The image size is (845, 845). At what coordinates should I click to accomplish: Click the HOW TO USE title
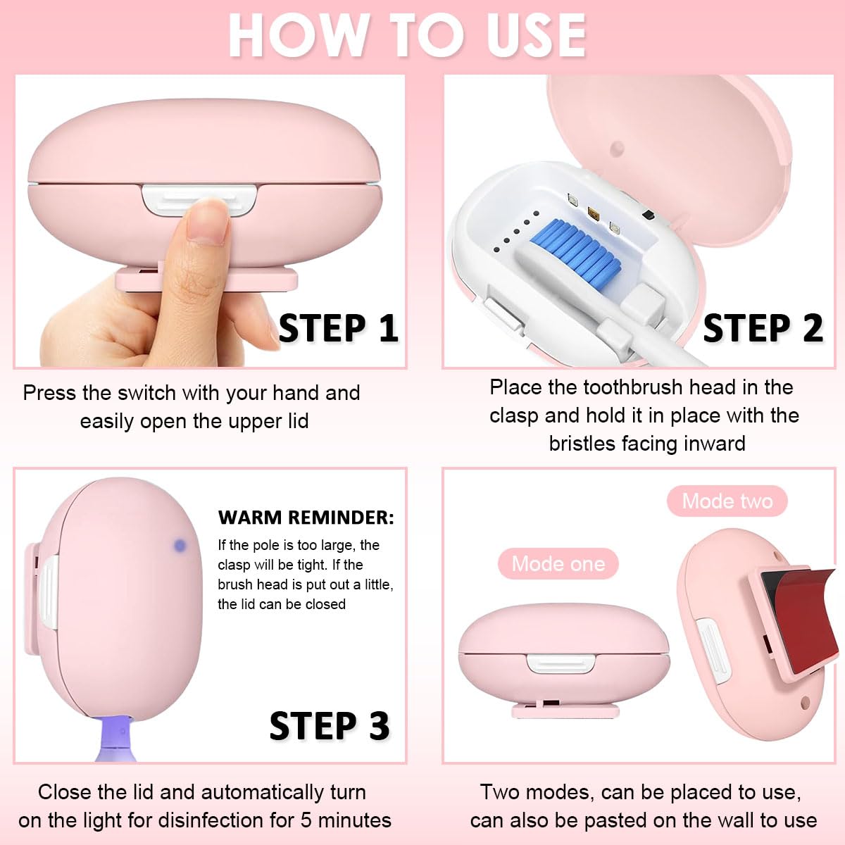pyautogui.click(x=407, y=35)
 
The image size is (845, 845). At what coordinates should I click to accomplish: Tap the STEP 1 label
pyautogui.click(x=338, y=328)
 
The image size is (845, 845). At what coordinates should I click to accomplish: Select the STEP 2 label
pyautogui.click(x=763, y=328)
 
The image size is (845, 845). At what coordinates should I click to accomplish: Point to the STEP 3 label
pyautogui.click(x=329, y=726)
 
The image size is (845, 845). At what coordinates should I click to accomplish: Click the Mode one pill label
pyautogui.click(x=558, y=564)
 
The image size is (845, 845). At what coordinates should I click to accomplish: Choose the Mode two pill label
pyautogui.click(x=727, y=501)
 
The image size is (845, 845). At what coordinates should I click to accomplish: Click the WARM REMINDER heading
pyautogui.click(x=306, y=518)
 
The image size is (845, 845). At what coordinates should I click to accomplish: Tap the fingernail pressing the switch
pyautogui.click(x=207, y=220)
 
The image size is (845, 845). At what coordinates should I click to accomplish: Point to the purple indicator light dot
pyautogui.click(x=180, y=545)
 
